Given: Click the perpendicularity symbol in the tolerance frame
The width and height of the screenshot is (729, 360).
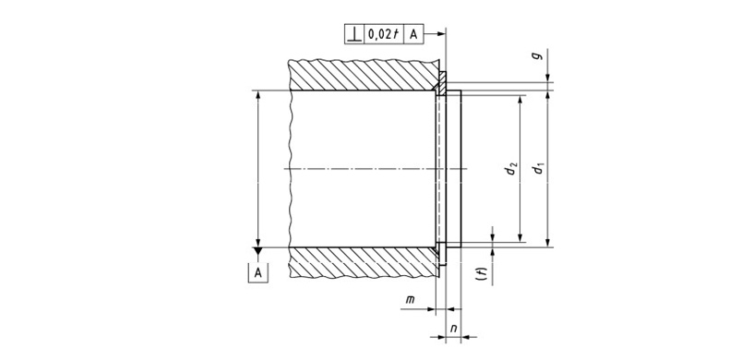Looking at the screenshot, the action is pyautogui.click(x=354, y=34).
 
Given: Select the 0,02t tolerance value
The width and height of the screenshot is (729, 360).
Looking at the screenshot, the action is pyautogui.click(x=384, y=34).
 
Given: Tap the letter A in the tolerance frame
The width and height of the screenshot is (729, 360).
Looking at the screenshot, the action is pyautogui.click(x=413, y=34).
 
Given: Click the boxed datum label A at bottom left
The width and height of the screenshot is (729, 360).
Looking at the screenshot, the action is pyautogui.click(x=258, y=273).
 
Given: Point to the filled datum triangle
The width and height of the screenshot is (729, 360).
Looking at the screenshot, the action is pyautogui.click(x=258, y=251).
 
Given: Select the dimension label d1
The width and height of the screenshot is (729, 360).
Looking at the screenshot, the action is pyautogui.click(x=539, y=169).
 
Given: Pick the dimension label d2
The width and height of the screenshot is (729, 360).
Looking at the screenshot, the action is pyautogui.click(x=512, y=169).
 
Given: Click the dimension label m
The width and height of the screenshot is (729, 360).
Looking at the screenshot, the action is pyautogui.click(x=410, y=300).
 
